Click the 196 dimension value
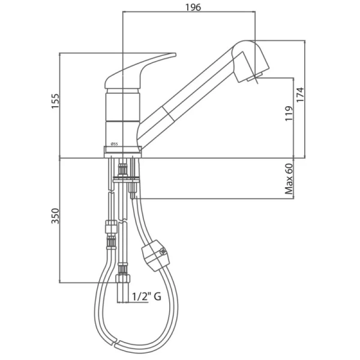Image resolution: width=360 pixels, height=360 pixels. point(193,7)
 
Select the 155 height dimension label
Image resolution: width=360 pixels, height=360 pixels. point(55,101)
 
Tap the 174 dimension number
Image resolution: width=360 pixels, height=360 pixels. point(300,95)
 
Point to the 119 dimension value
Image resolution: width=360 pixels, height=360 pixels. point(289,113)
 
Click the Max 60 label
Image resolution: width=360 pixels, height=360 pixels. point(289,179)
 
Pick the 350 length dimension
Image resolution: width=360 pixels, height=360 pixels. point(55,216)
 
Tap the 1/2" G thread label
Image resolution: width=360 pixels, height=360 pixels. point(146,296)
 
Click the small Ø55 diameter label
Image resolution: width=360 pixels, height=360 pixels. point(114,144)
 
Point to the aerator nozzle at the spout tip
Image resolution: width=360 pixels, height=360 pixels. point(254,77)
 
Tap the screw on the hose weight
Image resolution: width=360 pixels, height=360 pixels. point(163,252)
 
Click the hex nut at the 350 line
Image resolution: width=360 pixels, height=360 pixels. point(122,279)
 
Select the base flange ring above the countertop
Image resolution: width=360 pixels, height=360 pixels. point(122,152)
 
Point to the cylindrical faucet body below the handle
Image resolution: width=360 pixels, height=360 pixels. point(122,118)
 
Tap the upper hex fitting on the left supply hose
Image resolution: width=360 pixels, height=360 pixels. point(111,227)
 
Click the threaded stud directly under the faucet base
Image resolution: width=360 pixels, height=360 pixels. point(122,169)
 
